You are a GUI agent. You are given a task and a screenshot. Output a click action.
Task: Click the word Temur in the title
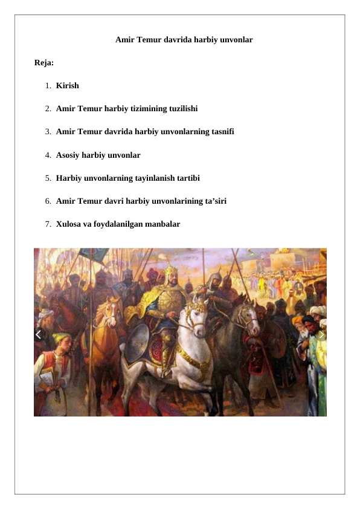[x=148, y=40]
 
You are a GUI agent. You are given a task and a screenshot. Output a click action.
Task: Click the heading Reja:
[x=44, y=63]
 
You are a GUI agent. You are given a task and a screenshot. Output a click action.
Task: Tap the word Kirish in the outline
[x=67, y=86]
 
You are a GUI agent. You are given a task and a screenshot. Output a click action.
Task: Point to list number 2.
[x=47, y=109]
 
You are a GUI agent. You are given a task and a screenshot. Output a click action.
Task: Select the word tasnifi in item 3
[x=220, y=132]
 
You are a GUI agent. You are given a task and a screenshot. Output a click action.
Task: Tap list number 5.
[x=47, y=178]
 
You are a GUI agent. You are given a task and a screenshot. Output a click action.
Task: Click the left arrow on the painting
[x=39, y=334]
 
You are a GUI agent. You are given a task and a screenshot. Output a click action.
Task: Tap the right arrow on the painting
[x=321, y=334]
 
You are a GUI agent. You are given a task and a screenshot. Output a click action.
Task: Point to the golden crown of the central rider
[x=171, y=270]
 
